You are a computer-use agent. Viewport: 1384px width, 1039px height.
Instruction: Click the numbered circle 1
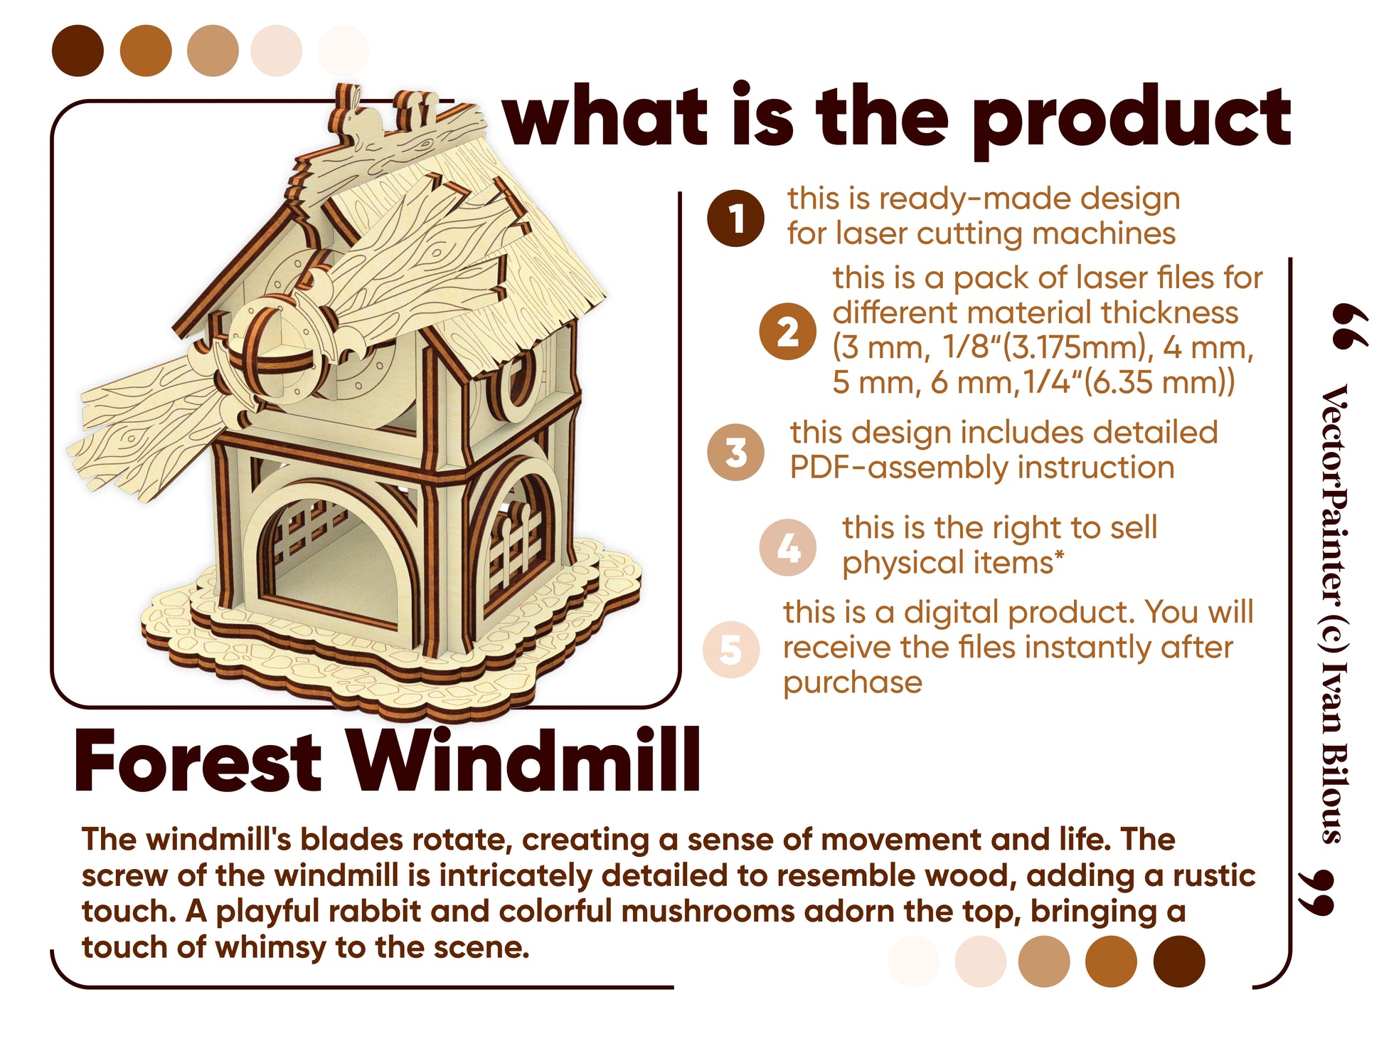point(735,218)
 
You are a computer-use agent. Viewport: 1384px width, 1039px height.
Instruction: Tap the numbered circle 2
point(787,332)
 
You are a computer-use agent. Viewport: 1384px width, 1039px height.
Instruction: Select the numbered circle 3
point(735,452)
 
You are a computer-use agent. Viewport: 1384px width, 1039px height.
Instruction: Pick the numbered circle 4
point(787,547)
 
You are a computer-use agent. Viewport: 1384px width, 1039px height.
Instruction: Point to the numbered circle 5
point(730,649)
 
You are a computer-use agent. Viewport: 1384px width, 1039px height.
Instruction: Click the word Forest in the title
point(198,761)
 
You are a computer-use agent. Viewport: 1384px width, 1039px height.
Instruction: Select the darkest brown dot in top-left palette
point(78,51)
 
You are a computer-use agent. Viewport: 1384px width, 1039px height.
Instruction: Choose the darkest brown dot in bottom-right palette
point(1178,961)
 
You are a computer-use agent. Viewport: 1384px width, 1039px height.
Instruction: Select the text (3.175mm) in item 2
point(1063,348)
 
